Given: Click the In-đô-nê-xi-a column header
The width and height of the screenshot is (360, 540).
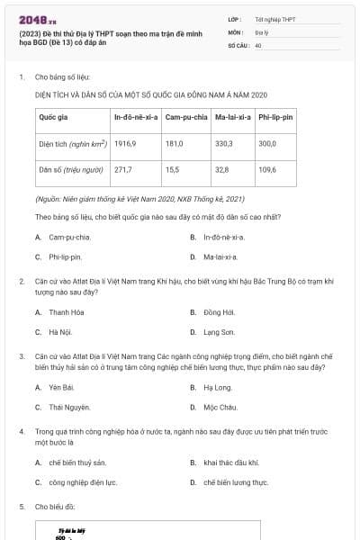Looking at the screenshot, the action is pos(136,118).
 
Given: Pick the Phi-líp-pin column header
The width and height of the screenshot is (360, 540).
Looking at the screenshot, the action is pos(282,118).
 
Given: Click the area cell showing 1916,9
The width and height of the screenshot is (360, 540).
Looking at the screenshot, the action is pos(124,143).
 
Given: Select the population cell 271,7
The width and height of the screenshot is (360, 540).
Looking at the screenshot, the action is pos(123,168).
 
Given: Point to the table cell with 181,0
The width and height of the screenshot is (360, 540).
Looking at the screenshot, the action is pos(174,143).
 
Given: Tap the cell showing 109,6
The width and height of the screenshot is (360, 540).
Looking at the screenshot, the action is pos(267,168).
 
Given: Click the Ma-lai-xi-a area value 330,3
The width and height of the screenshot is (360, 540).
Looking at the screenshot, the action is pos(224,143).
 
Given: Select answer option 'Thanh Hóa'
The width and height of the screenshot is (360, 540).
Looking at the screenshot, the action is pos(67,312).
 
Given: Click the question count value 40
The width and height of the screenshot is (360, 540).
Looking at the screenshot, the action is pos(258,44).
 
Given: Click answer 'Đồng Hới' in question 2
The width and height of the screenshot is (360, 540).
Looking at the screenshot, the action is pos(219,312).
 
